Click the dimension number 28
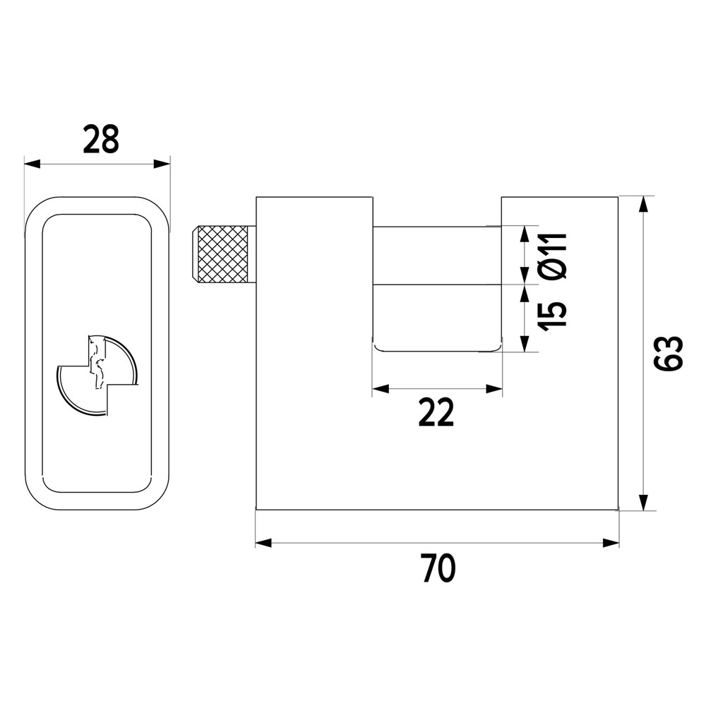pos(101,140)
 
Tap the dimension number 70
pos(439,568)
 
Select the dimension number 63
pos(669,354)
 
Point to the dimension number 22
pos(436,413)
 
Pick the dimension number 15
pos(554,316)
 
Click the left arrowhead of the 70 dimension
pos(264,543)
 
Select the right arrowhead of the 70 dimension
pos(611,543)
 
